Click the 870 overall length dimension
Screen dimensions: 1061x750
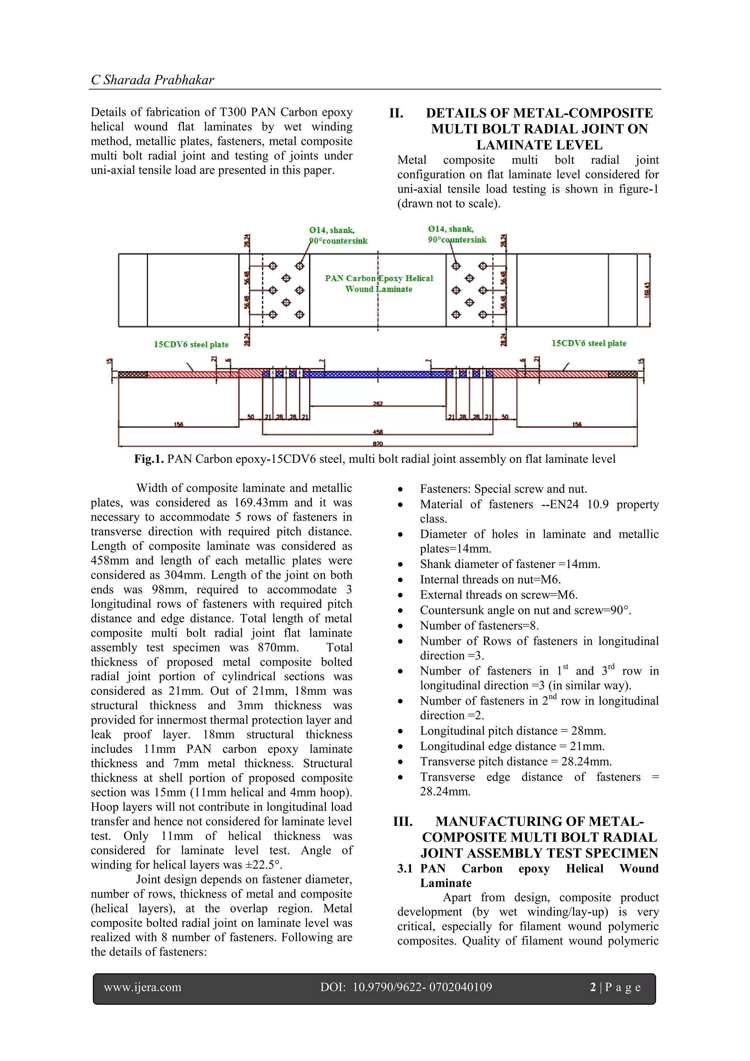point(378,444)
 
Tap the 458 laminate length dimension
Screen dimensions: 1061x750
point(378,432)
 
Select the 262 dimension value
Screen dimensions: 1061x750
point(378,403)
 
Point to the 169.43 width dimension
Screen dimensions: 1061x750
point(647,290)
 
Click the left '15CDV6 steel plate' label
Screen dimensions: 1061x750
point(191,344)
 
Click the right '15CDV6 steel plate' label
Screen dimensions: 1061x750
point(589,343)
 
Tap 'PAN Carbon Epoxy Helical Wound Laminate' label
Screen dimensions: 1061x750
point(379,284)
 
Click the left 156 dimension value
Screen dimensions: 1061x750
point(178,424)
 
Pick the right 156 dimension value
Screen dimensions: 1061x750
point(577,424)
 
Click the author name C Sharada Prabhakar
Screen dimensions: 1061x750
point(152,80)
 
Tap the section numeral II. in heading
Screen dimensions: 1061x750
point(396,113)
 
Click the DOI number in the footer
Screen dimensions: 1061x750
point(422,987)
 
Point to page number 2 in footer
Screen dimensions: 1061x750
point(593,987)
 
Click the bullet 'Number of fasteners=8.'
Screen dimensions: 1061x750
point(479,626)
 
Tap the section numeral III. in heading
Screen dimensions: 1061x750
point(403,822)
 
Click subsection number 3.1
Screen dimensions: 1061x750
point(405,868)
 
